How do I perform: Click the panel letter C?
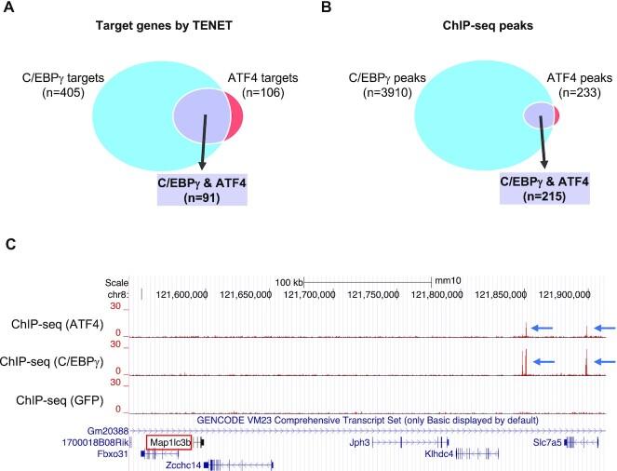pyautogui.click(x=12, y=244)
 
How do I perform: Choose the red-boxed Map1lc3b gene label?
pyautogui.click(x=168, y=442)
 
